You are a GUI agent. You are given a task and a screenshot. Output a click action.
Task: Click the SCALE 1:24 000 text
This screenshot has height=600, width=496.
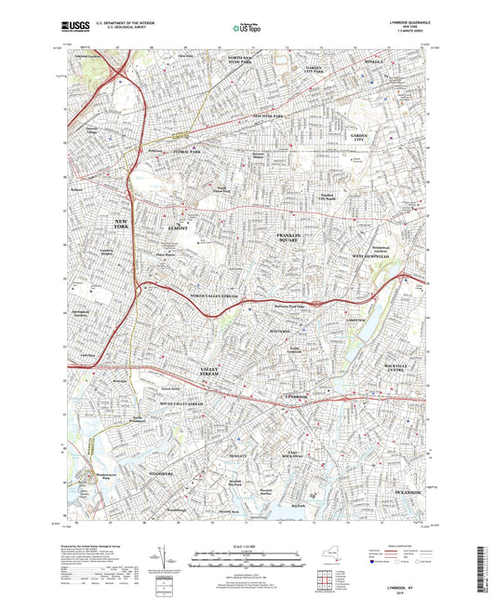click(247, 542)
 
